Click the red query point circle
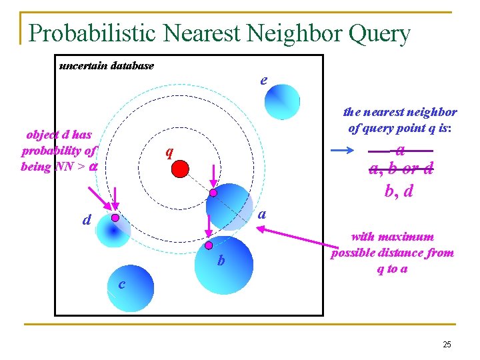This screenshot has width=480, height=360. (x=180, y=168)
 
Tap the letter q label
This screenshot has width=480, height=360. (x=169, y=152)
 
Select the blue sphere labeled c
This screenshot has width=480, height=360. (x=131, y=293)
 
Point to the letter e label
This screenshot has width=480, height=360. (x=264, y=80)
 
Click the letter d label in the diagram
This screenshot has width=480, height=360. (x=87, y=219)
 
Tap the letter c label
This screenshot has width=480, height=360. (x=121, y=285)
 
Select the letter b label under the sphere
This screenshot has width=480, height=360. (x=221, y=261)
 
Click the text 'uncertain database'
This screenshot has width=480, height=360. (x=107, y=65)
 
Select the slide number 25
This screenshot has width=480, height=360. (x=446, y=344)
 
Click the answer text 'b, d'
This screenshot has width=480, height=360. (x=399, y=192)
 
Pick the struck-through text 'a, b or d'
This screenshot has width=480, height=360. (x=401, y=169)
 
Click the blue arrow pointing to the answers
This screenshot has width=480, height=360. (x=345, y=151)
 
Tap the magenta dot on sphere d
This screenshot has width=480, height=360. (x=115, y=218)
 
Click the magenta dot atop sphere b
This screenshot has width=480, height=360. (x=209, y=245)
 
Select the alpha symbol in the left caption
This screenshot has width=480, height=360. (x=94, y=167)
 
